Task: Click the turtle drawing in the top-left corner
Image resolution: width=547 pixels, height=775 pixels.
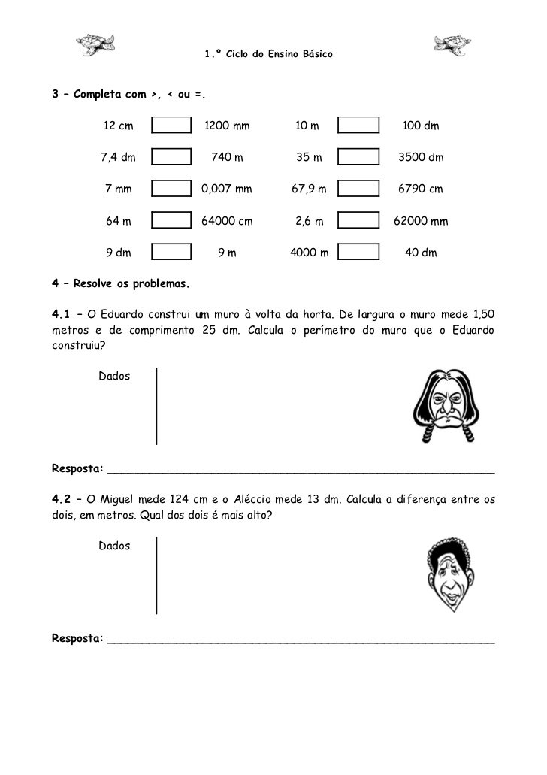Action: (96, 45)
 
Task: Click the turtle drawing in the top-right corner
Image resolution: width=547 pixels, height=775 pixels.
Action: (452, 45)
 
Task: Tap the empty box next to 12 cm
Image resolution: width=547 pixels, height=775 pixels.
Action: (171, 126)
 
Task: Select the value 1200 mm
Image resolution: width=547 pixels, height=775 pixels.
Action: (227, 126)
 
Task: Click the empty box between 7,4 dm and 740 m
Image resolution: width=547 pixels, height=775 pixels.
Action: (171, 157)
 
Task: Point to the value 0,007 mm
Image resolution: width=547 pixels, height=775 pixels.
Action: (227, 189)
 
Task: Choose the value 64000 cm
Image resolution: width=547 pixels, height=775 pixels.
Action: (227, 221)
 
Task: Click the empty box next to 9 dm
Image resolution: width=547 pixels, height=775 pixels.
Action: (171, 253)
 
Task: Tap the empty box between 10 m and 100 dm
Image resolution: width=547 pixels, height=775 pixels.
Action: (358, 126)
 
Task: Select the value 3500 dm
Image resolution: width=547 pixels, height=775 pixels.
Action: (421, 157)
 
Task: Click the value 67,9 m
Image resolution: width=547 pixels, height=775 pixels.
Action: (309, 189)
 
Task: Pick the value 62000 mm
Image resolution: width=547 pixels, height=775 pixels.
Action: (421, 221)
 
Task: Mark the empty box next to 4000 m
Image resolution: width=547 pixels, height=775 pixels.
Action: (358, 253)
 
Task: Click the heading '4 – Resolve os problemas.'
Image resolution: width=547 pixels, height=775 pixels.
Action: (121, 284)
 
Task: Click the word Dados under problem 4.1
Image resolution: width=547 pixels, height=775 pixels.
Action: (114, 375)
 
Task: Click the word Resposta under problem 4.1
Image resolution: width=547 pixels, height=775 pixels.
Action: (77, 469)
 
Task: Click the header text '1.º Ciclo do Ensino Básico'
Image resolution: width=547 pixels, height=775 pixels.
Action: (268, 55)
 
